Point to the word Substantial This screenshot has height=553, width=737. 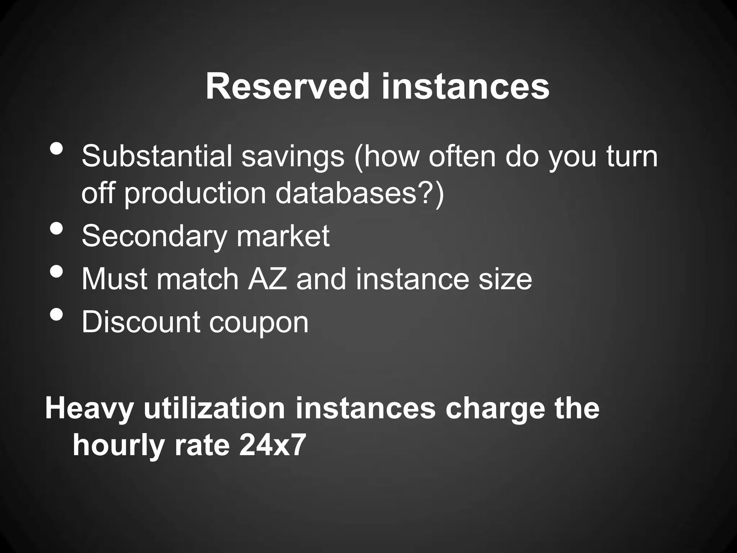(x=157, y=156)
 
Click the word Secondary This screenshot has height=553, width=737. (x=154, y=236)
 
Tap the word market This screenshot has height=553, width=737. (x=283, y=236)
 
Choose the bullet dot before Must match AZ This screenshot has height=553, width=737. (x=57, y=271)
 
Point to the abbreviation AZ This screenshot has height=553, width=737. (x=267, y=279)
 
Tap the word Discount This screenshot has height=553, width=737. (x=141, y=322)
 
